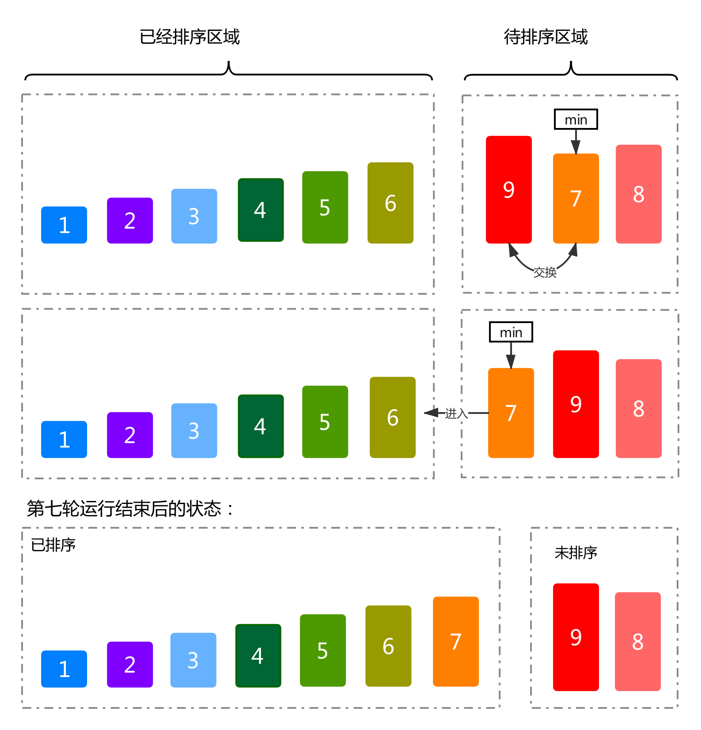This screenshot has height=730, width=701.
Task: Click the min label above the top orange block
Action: click(x=576, y=119)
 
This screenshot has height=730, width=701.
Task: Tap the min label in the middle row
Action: click(x=511, y=332)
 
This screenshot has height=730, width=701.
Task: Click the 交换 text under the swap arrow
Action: click(x=545, y=272)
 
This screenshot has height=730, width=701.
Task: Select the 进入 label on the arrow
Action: click(x=456, y=413)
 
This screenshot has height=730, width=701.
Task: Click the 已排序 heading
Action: click(x=53, y=545)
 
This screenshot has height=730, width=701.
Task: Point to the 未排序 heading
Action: click(x=576, y=553)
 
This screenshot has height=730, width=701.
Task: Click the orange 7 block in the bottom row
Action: click(x=455, y=641)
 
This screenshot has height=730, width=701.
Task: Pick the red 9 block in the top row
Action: click(x=508, y=190)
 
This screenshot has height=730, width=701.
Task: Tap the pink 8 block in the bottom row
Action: click(x=637, y=641)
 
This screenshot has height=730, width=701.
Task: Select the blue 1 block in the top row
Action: click(x=64, y=225)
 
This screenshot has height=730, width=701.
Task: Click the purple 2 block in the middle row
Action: click(x=130, y=435)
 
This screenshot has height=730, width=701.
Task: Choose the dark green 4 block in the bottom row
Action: click(x=258, y=655)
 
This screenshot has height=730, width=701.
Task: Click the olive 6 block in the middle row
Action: click(x=392, y=417)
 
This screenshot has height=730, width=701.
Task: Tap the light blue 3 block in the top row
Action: click(x=194, y=216)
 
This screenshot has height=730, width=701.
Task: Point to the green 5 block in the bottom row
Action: click(x=322, y=650)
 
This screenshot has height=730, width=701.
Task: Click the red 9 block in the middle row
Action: click(x=576, y=404)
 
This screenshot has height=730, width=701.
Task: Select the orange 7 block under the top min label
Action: click(x=576, y=198)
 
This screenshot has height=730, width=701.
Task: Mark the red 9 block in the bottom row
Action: click(x=576, y=637)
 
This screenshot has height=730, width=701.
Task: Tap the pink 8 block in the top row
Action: click(x=638, y=194)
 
